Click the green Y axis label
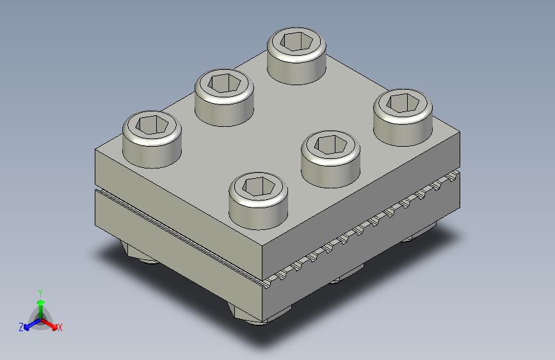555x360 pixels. [x=40, y=293]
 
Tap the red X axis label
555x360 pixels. [x=60, y=327]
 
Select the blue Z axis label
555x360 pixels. [x=21, y=327]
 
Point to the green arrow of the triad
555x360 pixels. [x=41, y=310]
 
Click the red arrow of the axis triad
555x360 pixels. [x=49, y=324]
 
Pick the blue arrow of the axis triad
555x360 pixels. [x=33, y=324]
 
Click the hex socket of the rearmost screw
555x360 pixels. [x=296, y=41]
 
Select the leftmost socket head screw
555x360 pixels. [x=152, y=139]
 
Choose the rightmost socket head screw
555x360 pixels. [x=403, y=117]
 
